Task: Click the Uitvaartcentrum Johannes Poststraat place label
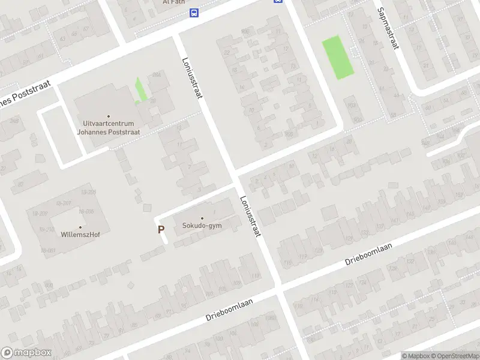[x=109, y=128]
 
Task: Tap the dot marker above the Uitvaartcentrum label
[x=109, y=116]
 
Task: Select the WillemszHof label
[x=80, y=235]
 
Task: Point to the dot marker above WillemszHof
[x=80, y=227]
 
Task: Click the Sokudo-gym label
[x=202, y=226]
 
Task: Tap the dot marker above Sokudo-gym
[x=202, y=218]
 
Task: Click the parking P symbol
[x=161, y=229]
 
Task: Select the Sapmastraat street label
[x=388, y=28]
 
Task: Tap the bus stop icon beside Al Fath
[x=194, y=13]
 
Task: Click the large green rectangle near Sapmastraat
[x=338, y=57]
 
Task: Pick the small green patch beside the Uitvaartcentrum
[x=140, y=91]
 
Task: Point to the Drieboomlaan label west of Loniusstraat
[x=230, y=308]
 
